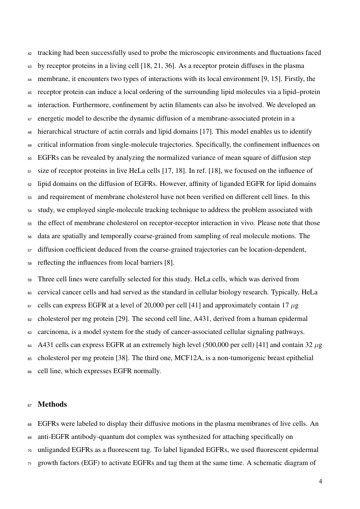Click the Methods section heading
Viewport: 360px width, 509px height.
[x=52, y=405]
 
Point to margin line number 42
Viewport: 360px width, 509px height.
[x=29, y=53]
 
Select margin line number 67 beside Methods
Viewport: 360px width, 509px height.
[x=29, y=405]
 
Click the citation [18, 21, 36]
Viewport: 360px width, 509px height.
[x=154, y=66]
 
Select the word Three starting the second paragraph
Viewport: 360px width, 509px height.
[x=46, y=279]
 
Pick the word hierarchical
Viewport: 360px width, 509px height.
[x=55, y=131]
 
